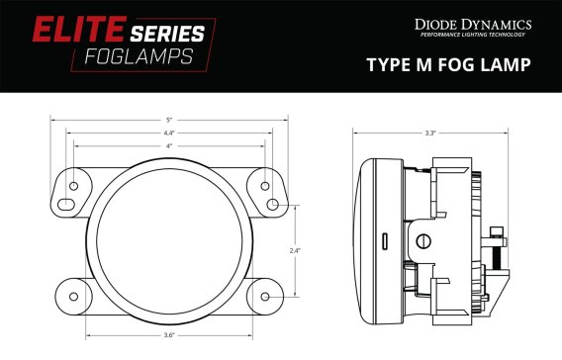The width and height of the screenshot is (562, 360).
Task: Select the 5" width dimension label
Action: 169,121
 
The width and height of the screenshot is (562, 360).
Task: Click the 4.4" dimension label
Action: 169,134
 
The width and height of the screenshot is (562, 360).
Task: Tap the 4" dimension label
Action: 169,145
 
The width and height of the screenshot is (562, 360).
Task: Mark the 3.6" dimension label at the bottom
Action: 169,334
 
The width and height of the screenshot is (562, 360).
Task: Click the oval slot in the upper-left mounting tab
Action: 65,204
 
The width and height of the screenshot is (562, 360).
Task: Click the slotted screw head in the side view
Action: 423,239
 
